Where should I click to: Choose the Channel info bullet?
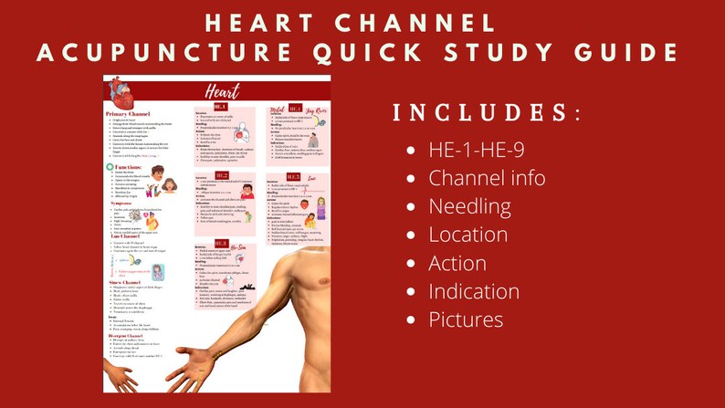click(x=487, y=177)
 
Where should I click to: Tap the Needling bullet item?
click(x=469, y=205)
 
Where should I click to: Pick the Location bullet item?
click(x=468, y=235)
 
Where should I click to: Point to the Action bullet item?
click(x=457, y=263)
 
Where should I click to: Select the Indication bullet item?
click(x=474, y=291)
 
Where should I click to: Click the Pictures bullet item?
click(x=466, y=319)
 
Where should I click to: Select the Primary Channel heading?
click(x=129, y=113)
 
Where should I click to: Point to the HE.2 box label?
click(x=222, y=174)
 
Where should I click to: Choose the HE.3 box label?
click(x=220, y=243)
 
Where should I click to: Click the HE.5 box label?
click(x=293, y=177)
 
